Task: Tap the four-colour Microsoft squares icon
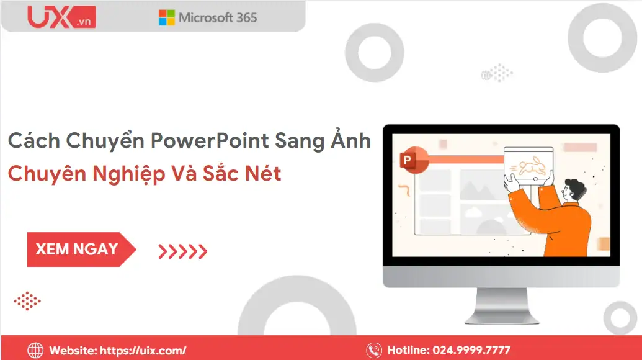166,17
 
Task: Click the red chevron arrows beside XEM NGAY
182,251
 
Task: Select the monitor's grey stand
501,307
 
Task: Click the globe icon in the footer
35,350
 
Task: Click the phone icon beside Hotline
373,350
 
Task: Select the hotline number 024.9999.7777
467,351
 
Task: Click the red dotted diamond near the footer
27,302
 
